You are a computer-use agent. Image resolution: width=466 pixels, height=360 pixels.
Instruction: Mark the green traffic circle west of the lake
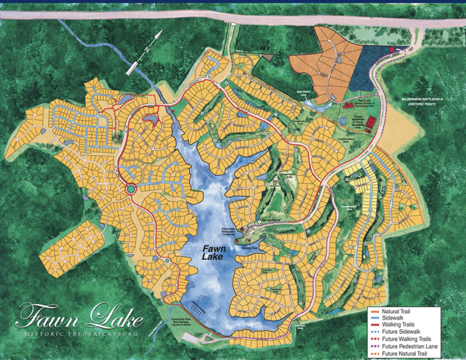pyautogui.click(x=131, y=189)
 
